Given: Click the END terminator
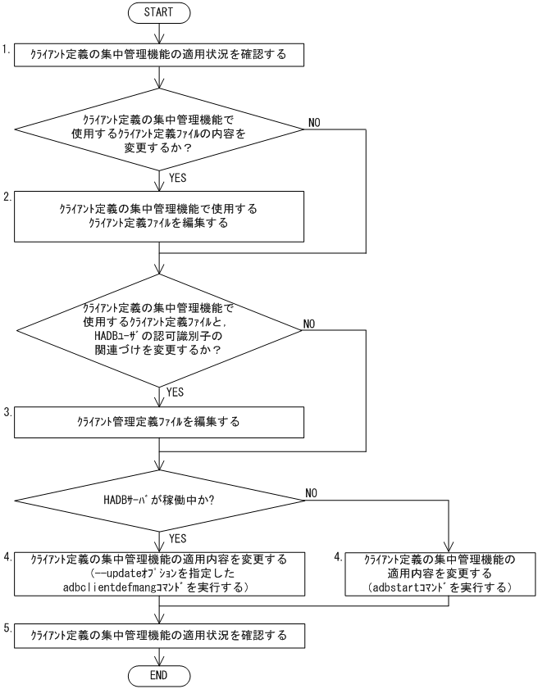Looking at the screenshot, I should (x=158, y=676).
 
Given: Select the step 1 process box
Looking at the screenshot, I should (x=158, y=56).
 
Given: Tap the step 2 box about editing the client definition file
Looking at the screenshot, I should (x=158, y=216).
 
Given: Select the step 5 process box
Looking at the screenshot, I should (x=158, y=635).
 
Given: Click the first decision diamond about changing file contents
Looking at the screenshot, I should (x=158, y=129).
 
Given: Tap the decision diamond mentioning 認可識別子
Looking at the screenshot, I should (x=158, y=329).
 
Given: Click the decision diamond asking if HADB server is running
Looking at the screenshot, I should (x=158, y=502).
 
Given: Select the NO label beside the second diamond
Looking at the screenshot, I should (x=310, y=323).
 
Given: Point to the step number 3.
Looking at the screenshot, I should (x=7, y=413).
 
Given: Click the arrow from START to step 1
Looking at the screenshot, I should (x=158, y=34).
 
